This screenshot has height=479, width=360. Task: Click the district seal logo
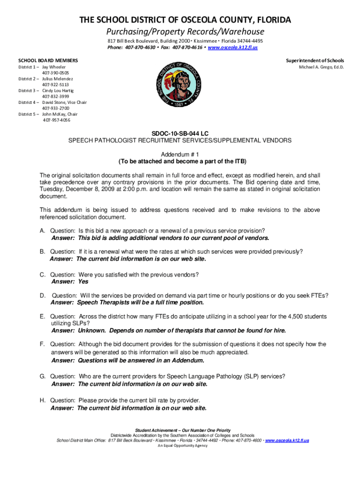point(180,87)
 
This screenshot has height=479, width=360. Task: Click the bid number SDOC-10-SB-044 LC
point(180,133)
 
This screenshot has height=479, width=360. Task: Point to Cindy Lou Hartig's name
point(58,90)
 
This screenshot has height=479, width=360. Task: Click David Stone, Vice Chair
point(65,102)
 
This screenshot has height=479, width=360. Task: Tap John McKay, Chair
point(60,114)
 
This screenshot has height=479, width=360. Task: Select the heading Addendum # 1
point(180,154)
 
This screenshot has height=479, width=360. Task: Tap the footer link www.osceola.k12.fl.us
point(287,440)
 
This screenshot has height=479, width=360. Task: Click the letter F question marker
point(42,344)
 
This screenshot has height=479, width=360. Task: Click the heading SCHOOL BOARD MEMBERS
point(48,61)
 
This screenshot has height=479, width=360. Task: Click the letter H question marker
point(42,400)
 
